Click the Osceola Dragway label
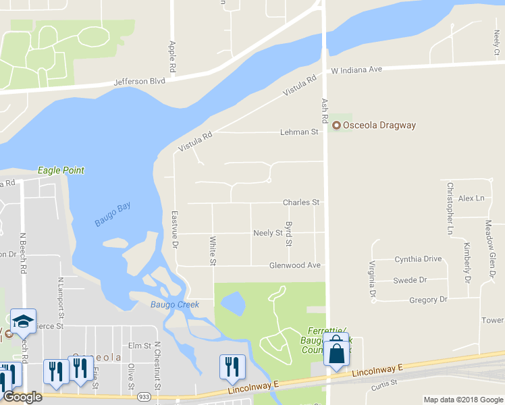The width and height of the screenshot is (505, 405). pyautogui.click(x=379, y=125)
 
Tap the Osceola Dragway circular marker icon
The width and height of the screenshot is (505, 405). pyautogui.click(x=336, y=125)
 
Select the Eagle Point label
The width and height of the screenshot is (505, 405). pyautogui.click(x=61, y=170)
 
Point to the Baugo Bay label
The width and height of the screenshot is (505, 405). pyautogui.click(x=113, y=214)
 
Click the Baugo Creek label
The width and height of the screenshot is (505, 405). pyautogui.click(x=175, y=304)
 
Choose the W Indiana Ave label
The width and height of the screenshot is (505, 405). pyautogui.click(x=356, y=70)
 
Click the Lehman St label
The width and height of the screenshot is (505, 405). pyautogui.click(x=299, y=132)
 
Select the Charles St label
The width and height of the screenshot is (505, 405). pyautogui.click(x=300, y=202)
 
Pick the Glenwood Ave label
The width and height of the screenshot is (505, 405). pyautogui.click(x=294, y=265)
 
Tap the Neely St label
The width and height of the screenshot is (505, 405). pyautogui.click(x=267, y=233)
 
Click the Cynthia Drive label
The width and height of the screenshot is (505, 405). pyautogui.click(x=418, y=259)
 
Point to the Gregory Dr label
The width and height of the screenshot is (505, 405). pyautogui.click(x=429, y=299)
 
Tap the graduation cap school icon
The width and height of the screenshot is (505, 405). pyautogui.click(x=23, y=322)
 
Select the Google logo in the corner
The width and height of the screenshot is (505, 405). pyautogui.click(x=22, y=398)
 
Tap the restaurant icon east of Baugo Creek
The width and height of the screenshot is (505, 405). pyautogui.click(x=232, y=367)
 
